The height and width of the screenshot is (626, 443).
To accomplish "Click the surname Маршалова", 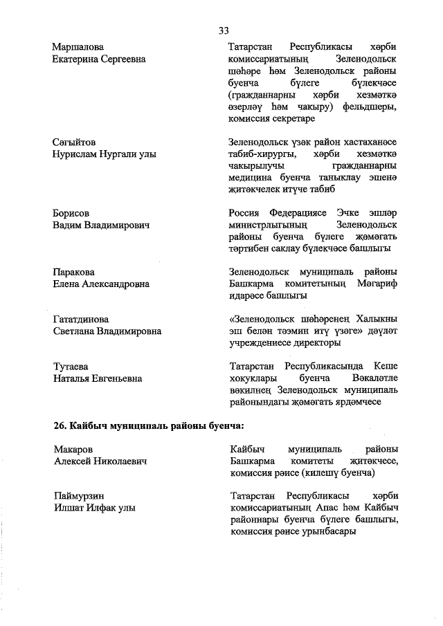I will pyautogui.click(x=78, y=47).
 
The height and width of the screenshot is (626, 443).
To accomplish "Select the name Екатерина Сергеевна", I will pyautogui.click(x=99, y=59).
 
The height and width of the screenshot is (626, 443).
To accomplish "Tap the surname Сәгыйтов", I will pyautogui.click(x=74, y=142).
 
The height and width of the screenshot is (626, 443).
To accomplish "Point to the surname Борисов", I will pyautogui.click(x=71, y=213).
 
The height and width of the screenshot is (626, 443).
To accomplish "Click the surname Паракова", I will pyautogui.click(x=73, y=272).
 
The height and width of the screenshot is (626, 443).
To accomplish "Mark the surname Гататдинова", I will pyautogui.click(x=81, y=320).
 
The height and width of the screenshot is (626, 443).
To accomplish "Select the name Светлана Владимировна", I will pyautogui.click(x=107, y=331).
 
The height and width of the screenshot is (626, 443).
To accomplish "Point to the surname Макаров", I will pyautogui.click(x=73, y=450).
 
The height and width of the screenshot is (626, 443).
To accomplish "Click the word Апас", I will pyautogui.click(x=327, y=508).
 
